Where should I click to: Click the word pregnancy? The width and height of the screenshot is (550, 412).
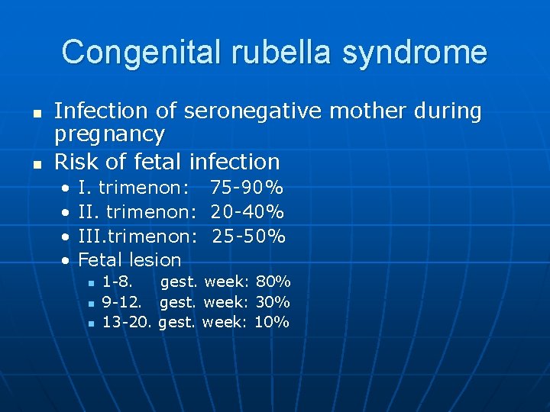pos(109,136)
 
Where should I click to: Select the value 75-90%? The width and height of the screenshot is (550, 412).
pos(247,188)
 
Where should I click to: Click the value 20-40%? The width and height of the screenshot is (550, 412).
pos(247,211)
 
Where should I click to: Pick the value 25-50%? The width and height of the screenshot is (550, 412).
pos(248,236)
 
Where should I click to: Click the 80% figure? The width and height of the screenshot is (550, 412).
pos(273,282)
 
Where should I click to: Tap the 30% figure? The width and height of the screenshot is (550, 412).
pos(273,302)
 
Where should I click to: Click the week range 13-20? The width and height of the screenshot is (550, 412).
pos(128,322)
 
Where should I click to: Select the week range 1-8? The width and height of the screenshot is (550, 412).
pos(117,282)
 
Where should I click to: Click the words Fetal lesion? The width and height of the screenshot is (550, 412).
pos(130,259)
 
